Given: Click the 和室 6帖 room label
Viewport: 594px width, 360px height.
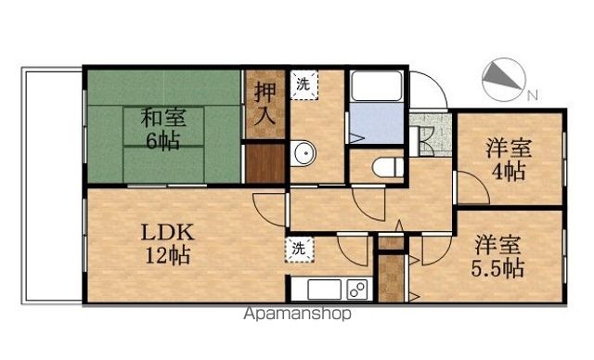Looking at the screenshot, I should pos(164,129).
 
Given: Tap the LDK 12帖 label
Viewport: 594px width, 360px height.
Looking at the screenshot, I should pos(167,243).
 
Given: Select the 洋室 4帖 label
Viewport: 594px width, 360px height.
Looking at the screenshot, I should pos(508,157).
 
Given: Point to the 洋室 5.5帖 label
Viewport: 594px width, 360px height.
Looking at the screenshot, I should pos(499,257).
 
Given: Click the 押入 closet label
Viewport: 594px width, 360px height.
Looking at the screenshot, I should pos(265,104).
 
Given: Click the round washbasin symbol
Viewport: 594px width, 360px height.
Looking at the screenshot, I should pos(300,154).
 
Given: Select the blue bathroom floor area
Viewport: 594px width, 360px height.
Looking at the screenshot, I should pos(377,123).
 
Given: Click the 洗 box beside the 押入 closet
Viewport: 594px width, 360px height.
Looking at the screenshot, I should pos(303,84).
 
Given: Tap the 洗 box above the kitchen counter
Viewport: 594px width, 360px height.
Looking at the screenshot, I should pos(298,248).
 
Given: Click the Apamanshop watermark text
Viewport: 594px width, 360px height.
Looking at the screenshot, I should pos(297,314).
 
